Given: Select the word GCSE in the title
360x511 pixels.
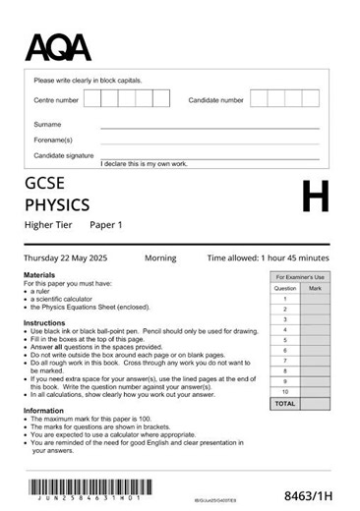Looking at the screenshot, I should tap(47, 184).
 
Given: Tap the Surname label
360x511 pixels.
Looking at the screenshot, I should tap(47, 125).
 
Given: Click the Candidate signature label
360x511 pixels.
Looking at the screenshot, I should tap(64, 155).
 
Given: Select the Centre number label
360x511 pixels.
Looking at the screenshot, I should tap(56, 100).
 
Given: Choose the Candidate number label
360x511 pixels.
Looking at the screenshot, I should tap(215, 100).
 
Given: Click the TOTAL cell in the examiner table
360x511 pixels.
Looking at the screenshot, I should tap(284, 403).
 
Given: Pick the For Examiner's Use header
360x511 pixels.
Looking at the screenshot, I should tap(299, 278).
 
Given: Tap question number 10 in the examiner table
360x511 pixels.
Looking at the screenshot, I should tap(284, 391).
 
